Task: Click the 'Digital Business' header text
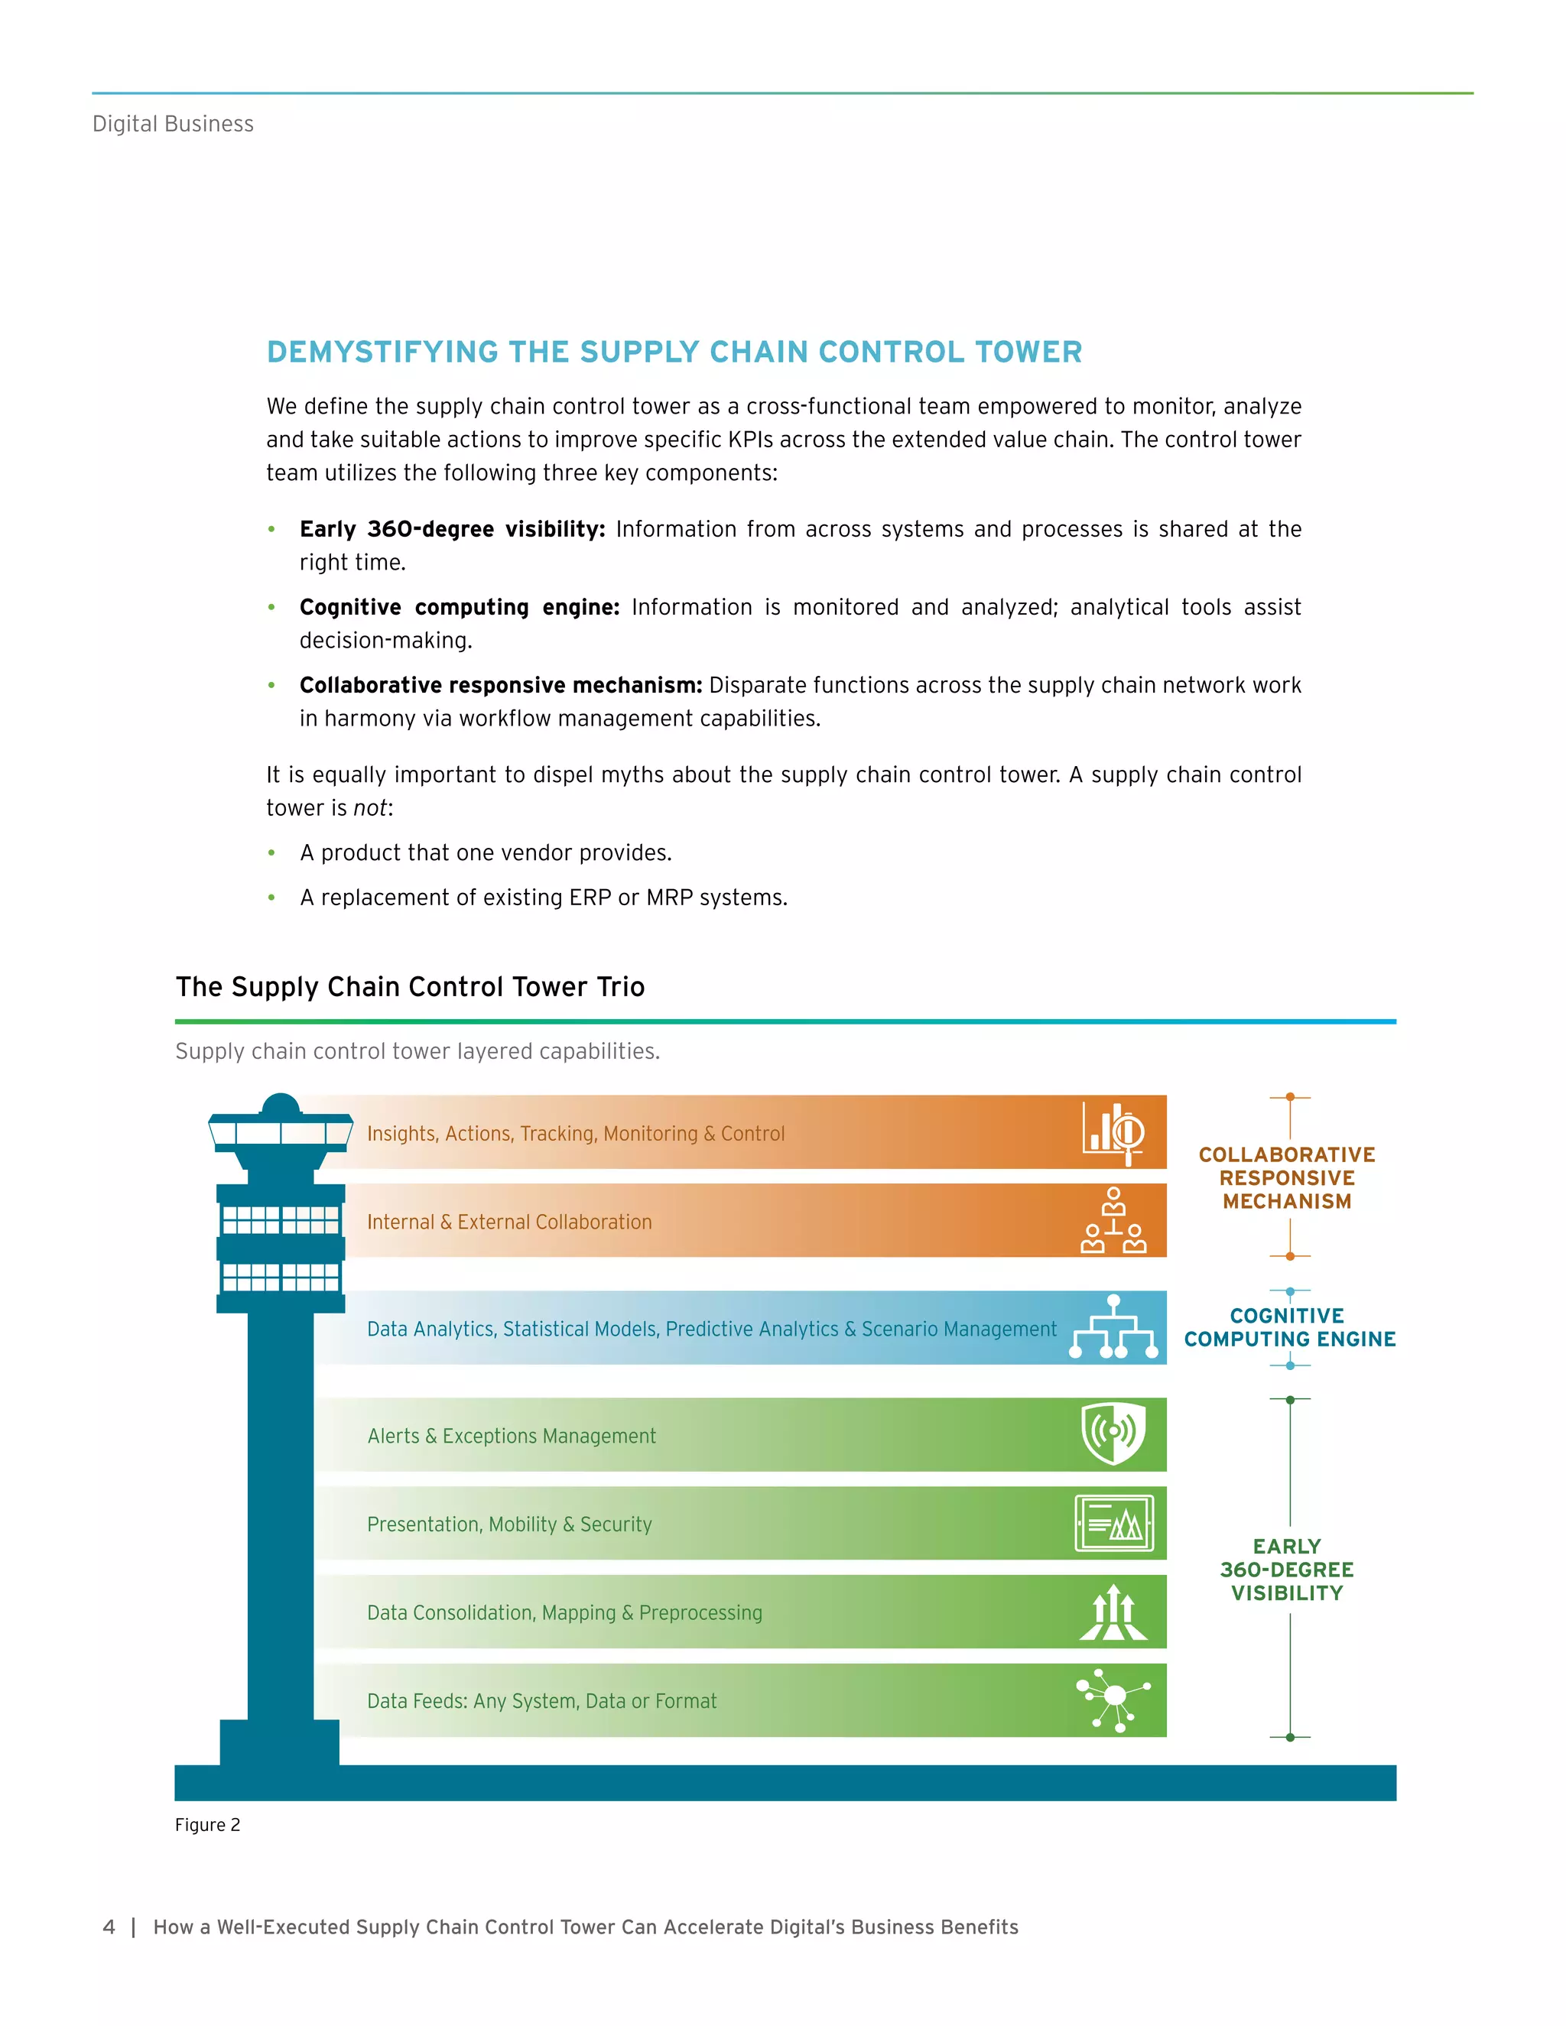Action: coord(173,125)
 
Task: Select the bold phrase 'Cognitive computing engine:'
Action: coord(460,608)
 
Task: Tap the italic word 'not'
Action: coord(370,809)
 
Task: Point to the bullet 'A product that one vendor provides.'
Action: coord(486,853)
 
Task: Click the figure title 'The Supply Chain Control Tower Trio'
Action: coord(410,987)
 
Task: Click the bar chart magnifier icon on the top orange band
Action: coord(1113,1132)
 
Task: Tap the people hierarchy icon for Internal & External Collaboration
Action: coord(1113,1221)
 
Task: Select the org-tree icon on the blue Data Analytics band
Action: coord(1113,1327)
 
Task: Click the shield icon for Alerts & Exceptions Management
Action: coord(1113,1434)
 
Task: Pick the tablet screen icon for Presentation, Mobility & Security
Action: coord(1113,1523)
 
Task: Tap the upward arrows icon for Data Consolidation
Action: coord(1113,1612)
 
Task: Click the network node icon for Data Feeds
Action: coord(1113,1700)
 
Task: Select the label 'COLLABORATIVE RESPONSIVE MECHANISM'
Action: coord(1287,1178)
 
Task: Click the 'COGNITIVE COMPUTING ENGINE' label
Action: coord(1288,1327)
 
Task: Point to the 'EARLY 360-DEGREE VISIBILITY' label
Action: coord(1287,1570)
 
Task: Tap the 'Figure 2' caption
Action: coord(208,1826)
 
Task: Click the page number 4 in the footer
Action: coord(109,1927)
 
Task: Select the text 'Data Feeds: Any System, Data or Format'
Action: coord(542,1701)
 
